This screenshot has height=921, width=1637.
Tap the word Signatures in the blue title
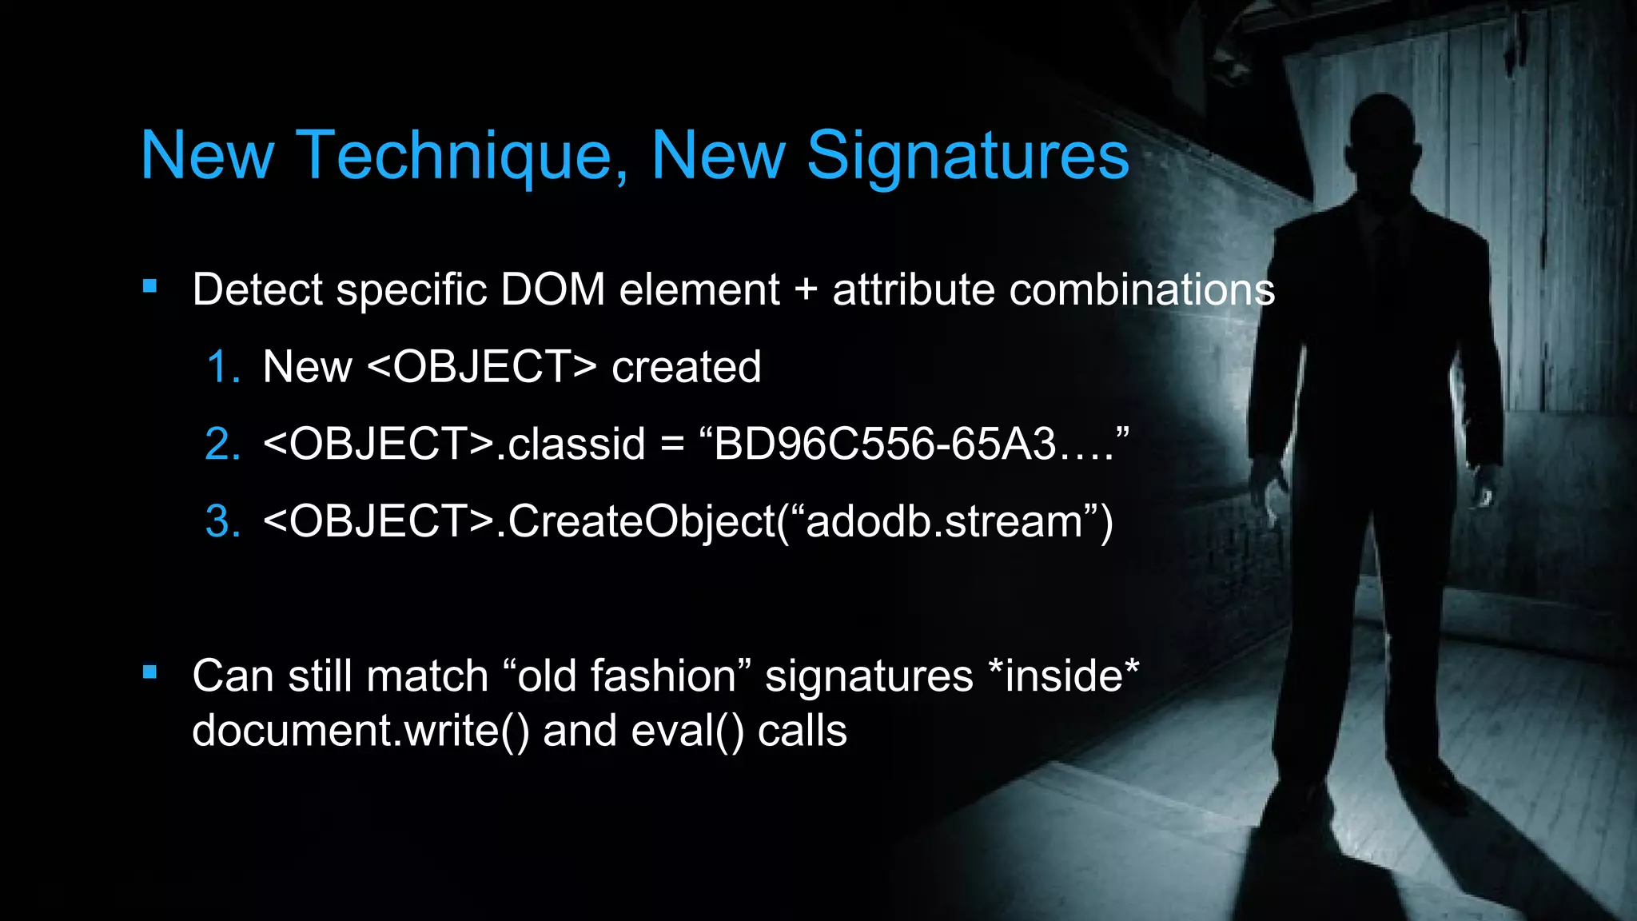point(967,156)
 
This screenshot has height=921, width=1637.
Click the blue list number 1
point(223,368)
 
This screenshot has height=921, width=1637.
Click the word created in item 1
point(686,368)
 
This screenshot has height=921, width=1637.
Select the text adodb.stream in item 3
point(944,521)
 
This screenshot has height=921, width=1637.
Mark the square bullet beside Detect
point(149,286)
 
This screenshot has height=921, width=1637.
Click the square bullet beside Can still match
point(149,672)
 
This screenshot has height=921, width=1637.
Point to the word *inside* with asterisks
point(1063,676)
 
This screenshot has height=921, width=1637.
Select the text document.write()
point(360,731)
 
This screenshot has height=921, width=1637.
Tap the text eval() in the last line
point(687,731)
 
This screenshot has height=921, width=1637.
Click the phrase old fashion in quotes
point(627,676)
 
